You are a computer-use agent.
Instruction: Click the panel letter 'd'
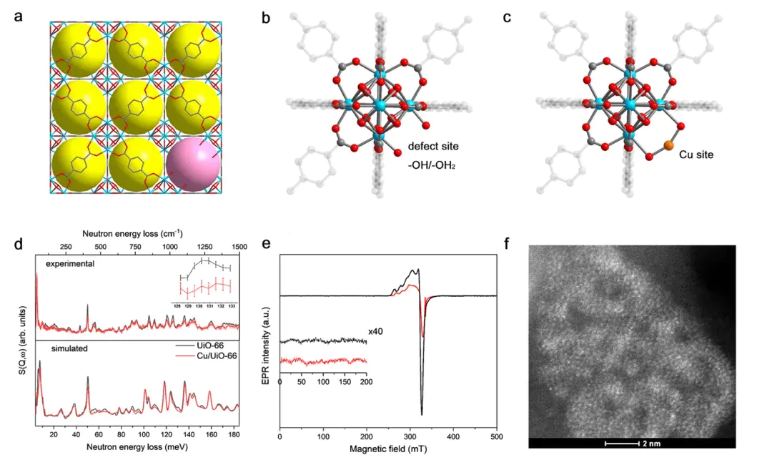click(x=19, y=244)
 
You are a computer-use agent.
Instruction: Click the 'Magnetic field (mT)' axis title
click(x=387, y=450)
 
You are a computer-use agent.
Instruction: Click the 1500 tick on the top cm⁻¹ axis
click(x=238, y=245)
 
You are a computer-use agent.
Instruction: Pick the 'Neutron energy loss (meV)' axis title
click(x=137, y=447)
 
